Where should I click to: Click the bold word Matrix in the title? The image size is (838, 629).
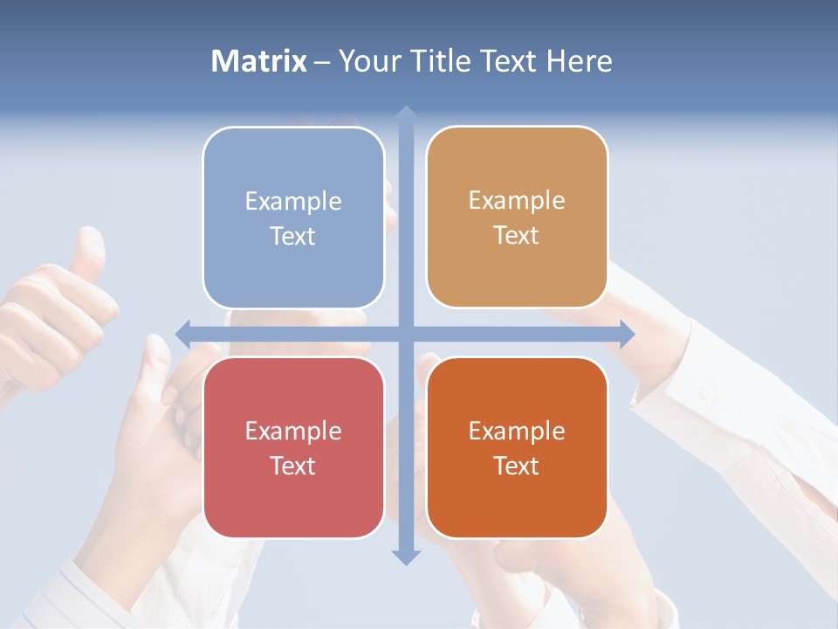click(259, 61)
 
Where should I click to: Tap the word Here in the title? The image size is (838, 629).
click(579, 61)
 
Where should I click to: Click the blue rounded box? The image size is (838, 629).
click(293, 218)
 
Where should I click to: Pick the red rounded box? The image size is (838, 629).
click(293, 447)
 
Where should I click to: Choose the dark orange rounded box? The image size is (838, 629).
click(517, 447)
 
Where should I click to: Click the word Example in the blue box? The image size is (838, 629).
click(293, 202)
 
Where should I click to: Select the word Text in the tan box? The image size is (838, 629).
click(517, 236)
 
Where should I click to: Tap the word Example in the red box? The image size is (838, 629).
click(293, 432)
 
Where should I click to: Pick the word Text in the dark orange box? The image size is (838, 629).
click(517, 467)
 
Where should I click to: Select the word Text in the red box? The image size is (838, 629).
click(293, 467)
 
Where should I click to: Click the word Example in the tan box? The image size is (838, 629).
click(517, 201)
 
